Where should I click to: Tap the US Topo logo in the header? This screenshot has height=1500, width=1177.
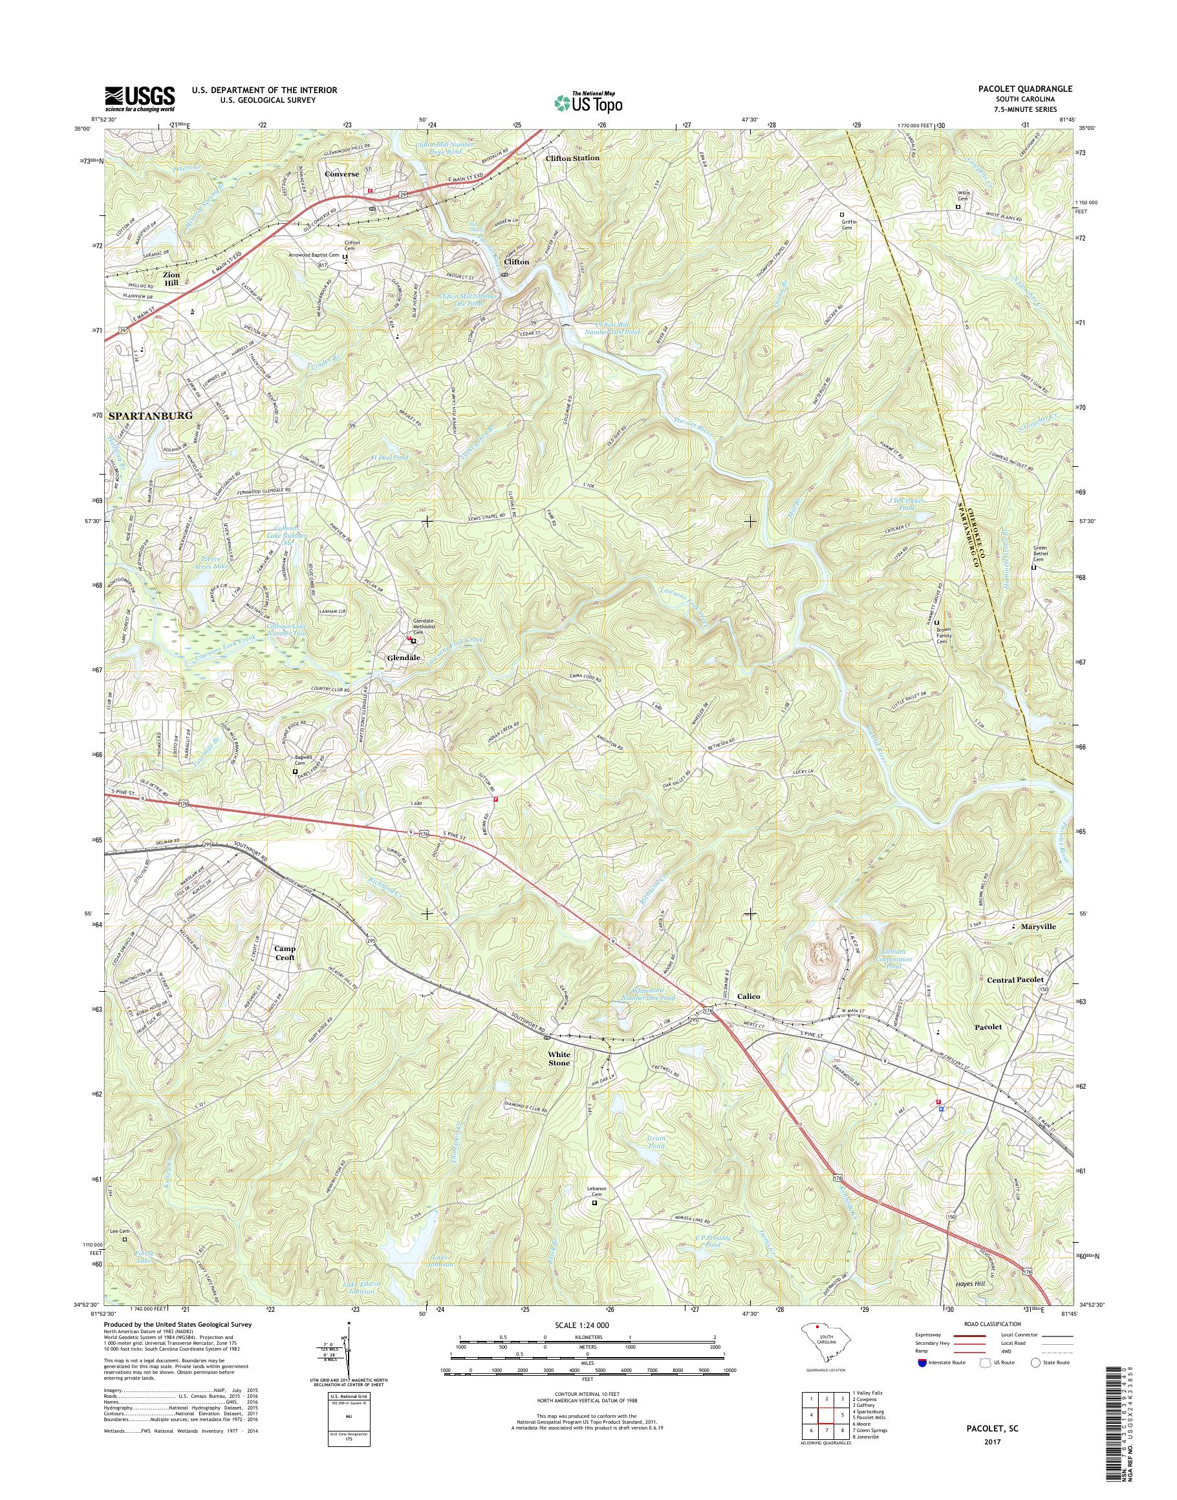click(x=588, y=102)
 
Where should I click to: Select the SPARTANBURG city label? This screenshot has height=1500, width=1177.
click(x=149, y=416)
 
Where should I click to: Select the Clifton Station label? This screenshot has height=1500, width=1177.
click(x=572, y=158)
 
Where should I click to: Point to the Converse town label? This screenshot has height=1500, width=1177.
click(x=342, y=175)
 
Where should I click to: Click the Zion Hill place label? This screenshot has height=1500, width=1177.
click(x=171, y=279)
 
